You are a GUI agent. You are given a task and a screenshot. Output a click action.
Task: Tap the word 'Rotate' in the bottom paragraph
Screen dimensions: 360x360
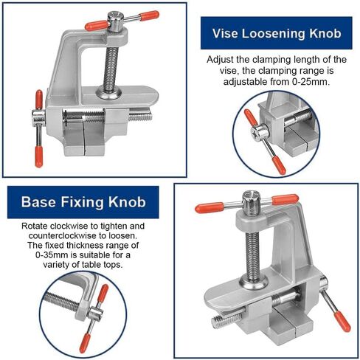(x=36, y=225)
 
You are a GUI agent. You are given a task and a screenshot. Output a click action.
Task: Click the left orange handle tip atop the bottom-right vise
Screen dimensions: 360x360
(x=210, y=207)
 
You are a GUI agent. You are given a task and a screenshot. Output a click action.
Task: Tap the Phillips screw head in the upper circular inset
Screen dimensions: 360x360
(x=260, y=134)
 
